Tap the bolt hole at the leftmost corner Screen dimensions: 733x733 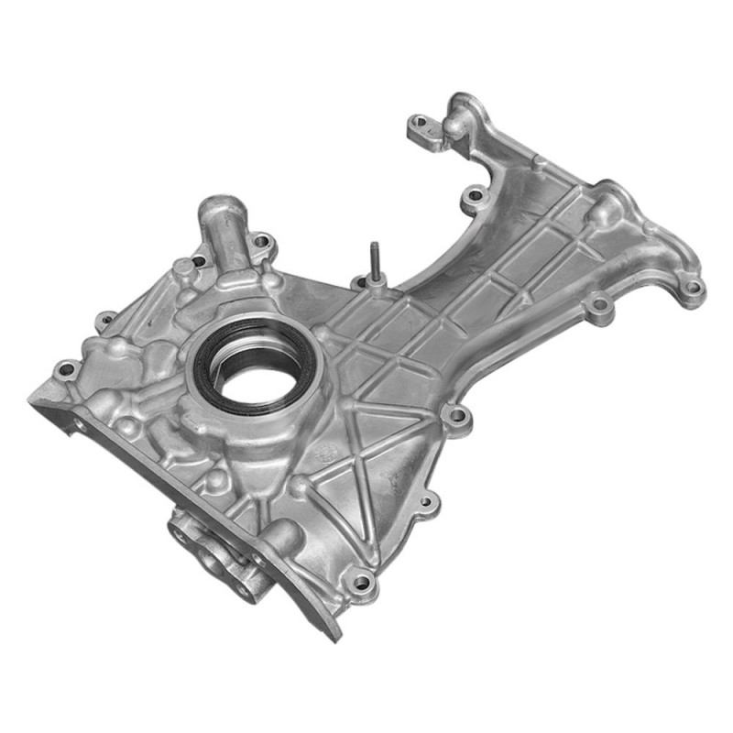(x=64, y=371)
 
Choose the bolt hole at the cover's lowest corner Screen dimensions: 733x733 (x=364, y=582)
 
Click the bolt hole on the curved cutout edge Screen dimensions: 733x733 (x=472, y=195)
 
